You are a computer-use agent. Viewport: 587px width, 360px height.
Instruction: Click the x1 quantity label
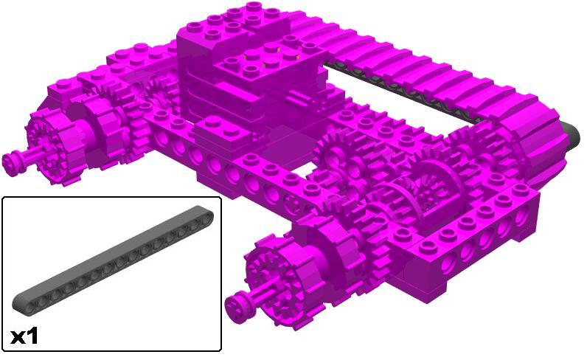pos(24,336)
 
